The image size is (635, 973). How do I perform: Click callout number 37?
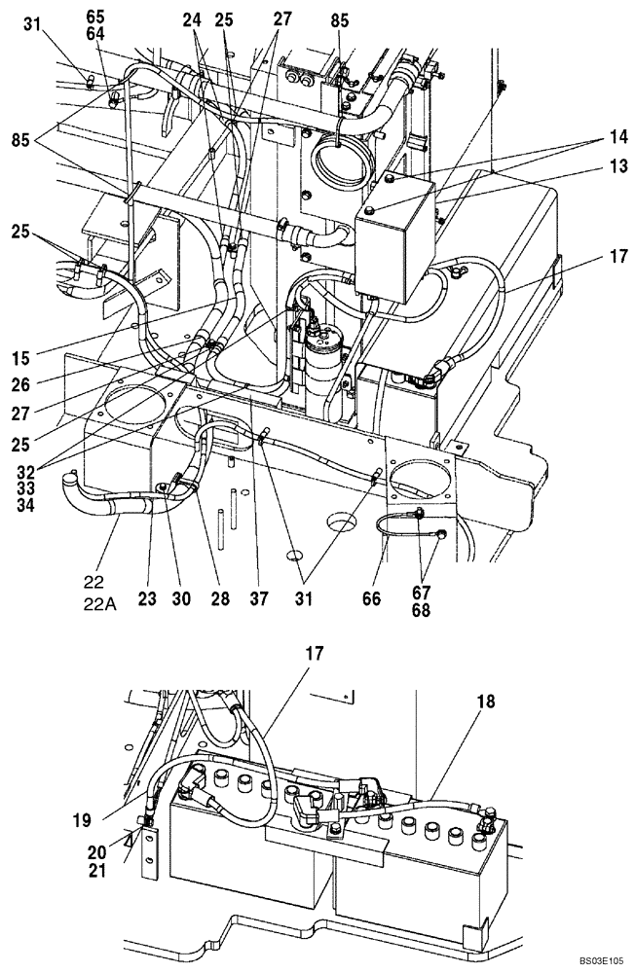(x=258, y=599)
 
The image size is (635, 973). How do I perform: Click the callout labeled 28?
(x=220, y=599)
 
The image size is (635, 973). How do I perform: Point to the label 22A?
(x=98, y=603)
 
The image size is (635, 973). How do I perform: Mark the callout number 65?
(x=94, y=16)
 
